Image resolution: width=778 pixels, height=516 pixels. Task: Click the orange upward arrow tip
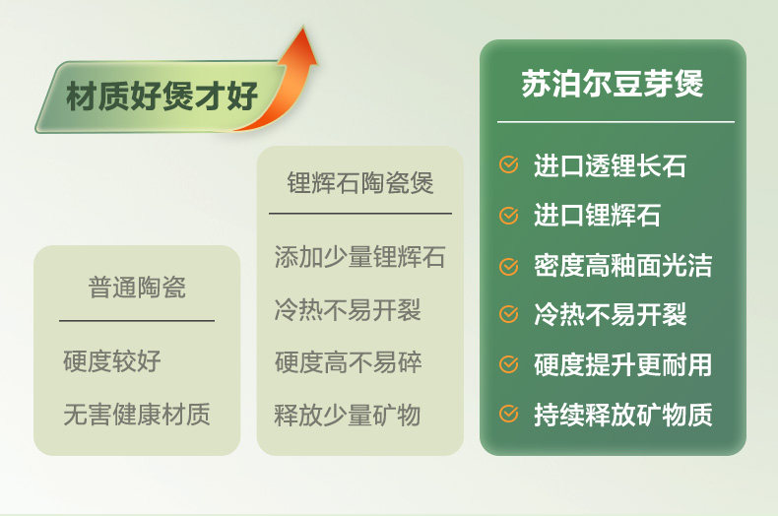pyautogui.click(x=303, y=28)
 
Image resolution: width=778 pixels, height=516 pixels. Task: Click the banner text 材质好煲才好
pyautogui.click(x=162, y=96)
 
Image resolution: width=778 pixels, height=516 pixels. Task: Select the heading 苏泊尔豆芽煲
pyautogui.click(x=613, y=84)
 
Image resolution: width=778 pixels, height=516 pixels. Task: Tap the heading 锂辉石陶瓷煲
pyautogui.click(x=360, y=182)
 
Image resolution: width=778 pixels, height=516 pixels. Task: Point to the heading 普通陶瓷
pyautogui.click(x=137, y=288)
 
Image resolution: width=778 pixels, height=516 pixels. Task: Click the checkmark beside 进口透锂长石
pyautogui.click(x=508, y=164)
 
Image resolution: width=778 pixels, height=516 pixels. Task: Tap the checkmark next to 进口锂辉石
pyautogui.click(x=508, y=216)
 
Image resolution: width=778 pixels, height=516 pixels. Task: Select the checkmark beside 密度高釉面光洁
pyautogui.click(x=508, y=266)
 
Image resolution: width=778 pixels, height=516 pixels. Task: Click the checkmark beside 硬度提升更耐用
pyautogui.click(x=508, y=364)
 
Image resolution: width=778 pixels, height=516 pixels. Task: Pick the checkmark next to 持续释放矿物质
pyautogui.click(x=508, y=414)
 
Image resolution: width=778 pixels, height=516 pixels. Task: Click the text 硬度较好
pyautogui.click(x=112, y=360)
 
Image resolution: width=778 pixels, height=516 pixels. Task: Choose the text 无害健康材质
pyautogui.click(x=137, y=414)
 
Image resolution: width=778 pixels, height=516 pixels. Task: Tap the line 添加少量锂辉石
pyautogui.click(x=359, y=257)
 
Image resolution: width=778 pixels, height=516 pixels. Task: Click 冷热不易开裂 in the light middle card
pyautogui.click(x=348, y=310)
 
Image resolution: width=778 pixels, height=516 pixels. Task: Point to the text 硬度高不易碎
pyautogui.click(x=348, y=362)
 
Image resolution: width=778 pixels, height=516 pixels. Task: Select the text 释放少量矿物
pyautogui.click(x=348, y=415)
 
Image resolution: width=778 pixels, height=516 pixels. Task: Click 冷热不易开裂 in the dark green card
pyautogui.click(x=611, y=314)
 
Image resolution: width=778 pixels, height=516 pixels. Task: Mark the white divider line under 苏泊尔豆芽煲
pyautogui.click(x=616, y=121)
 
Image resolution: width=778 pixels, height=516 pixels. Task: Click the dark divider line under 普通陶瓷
pyautogui.click(x=137, y=321)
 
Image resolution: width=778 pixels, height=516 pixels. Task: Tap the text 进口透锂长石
pyautogui.click(x=611, y=165)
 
